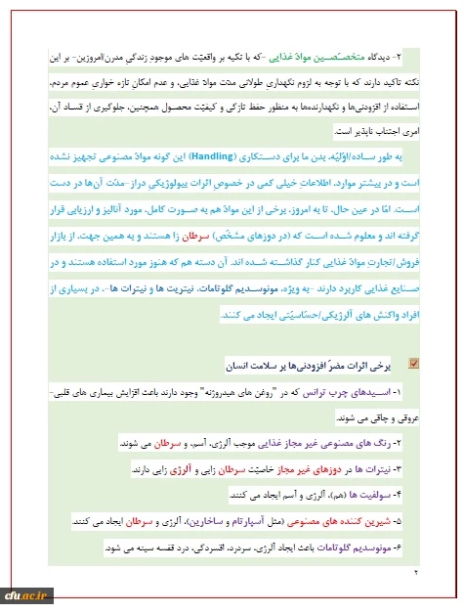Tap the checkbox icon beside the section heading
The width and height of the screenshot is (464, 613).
click(x=415, y=363)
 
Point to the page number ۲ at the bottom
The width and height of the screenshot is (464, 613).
click(x=414, y=572)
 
